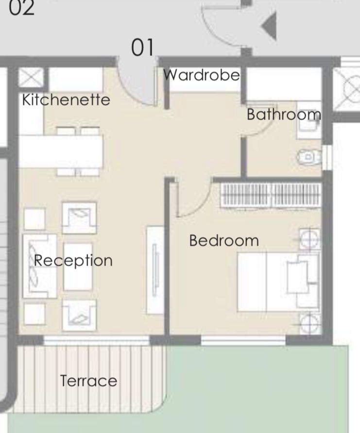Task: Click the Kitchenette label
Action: coord(66,100)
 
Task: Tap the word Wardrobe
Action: coord(202,75)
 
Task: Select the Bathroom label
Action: coord(284,114)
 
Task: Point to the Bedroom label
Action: coord(224,240)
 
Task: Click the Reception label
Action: coord(73,261)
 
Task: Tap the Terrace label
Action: coord(88,381)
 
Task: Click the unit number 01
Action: coord(142,47)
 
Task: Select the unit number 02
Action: coord(21,7)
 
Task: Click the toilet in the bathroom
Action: coord(309,157)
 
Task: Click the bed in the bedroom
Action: coord(278,282)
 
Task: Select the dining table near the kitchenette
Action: coord(61,151)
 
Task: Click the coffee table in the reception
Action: coord(78,267)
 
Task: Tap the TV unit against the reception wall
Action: coord(155,270)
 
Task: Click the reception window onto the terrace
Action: coord(96,340)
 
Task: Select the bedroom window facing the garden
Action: coord(243,340)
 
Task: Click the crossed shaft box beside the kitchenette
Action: coord(31,77)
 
